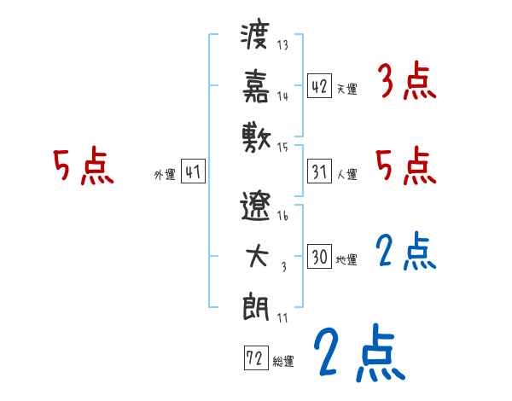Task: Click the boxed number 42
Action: click(319, 85)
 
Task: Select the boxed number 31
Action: click(319, 171)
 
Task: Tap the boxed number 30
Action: click(319, 257)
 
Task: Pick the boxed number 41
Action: click(193, 171)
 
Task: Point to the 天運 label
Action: click(346, 89)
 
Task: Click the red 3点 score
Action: click(406, 82)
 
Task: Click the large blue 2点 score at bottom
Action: click(358, 352)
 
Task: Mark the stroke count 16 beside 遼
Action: click(282, 217)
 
